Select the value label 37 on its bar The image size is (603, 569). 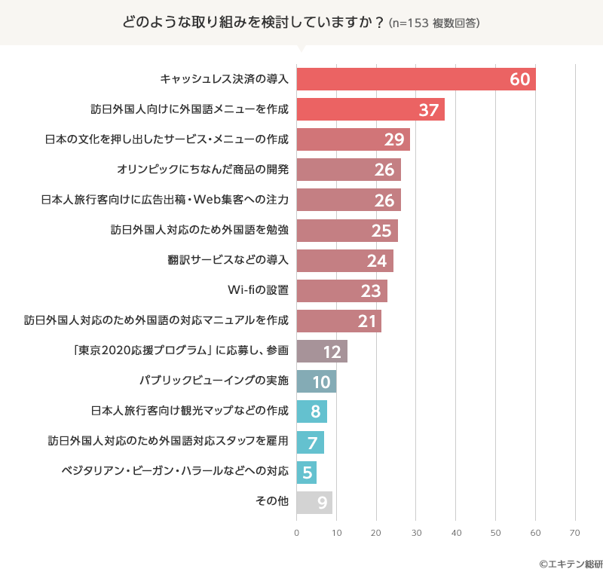point(429,110)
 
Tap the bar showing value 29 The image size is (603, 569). point(353,139)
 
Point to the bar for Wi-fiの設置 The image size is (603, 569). point(341,291)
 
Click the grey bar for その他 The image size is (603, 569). point(314,503)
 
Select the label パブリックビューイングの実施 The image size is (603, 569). point(214,381)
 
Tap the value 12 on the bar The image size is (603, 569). point(332,352)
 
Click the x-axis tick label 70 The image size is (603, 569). point(575,533)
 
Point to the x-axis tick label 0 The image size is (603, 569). point(297,533)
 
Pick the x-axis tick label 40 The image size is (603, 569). point(456,533)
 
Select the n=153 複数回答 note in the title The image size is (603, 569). point(434,23)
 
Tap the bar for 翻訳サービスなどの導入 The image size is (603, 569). point(344,261)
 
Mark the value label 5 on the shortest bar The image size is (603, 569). point(308,473)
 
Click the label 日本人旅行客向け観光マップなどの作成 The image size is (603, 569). point(189,411)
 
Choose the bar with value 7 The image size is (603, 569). point(311,442)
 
